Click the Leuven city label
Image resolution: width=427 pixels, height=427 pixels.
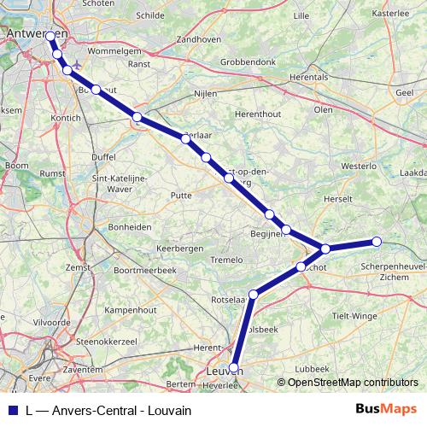pos(223,372)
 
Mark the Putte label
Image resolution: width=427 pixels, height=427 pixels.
pos(181,196)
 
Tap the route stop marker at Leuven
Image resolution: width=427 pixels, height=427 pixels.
pos(234,369)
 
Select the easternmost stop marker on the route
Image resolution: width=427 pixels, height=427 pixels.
pos(377,242)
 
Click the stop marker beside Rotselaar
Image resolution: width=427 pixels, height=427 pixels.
pos(253,295)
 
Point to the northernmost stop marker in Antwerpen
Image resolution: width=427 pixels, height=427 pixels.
pos(50,37)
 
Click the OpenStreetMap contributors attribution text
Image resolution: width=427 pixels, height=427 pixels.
pos(350,382)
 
